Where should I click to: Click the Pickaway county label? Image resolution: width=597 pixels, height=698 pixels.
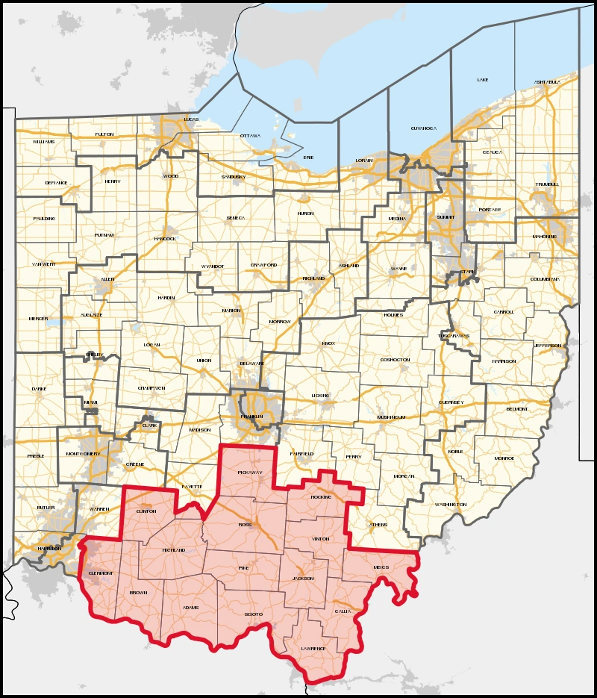[x=249, y=473]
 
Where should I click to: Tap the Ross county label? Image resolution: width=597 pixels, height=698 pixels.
[x=246, y=525]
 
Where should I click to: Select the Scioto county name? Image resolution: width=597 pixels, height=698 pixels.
[x=254, y=614]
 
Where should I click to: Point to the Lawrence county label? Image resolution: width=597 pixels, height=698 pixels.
[x=313, y=649]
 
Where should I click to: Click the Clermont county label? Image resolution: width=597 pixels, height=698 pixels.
[x=101, y=574]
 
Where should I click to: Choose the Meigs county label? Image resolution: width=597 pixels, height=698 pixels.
[x=381, y=567]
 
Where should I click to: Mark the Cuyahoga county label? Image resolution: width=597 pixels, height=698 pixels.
[x=422, y=128]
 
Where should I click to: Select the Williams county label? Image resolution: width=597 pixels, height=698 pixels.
[x=43, y=141]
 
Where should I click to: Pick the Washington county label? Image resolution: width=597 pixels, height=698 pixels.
[x=452, y=505]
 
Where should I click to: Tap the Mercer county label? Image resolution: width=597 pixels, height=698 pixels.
[x=38, y=319]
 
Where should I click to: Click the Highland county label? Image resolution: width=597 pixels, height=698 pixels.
[x=174, y=550]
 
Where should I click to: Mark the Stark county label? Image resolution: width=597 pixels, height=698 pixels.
[x=468, y=272]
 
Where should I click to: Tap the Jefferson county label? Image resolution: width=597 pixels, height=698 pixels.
[x=547, y=346]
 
